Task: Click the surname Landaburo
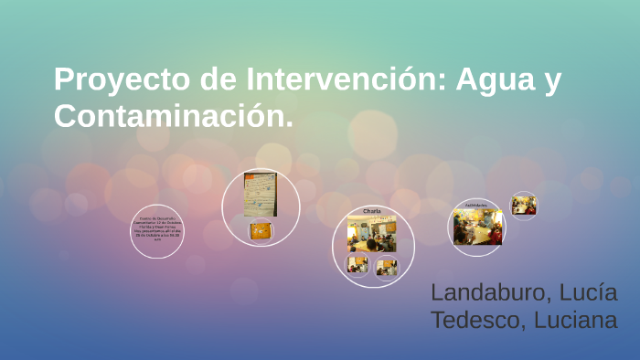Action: coord(490,293)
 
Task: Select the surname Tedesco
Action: coord(475,321)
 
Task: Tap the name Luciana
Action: coord(575,321)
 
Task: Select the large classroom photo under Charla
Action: coord(371,234)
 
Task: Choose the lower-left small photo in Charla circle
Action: coord(357,265)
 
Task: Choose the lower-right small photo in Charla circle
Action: coord(387,266)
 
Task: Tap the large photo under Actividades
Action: coord(477,227)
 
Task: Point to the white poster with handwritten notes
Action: coord(260,194)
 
